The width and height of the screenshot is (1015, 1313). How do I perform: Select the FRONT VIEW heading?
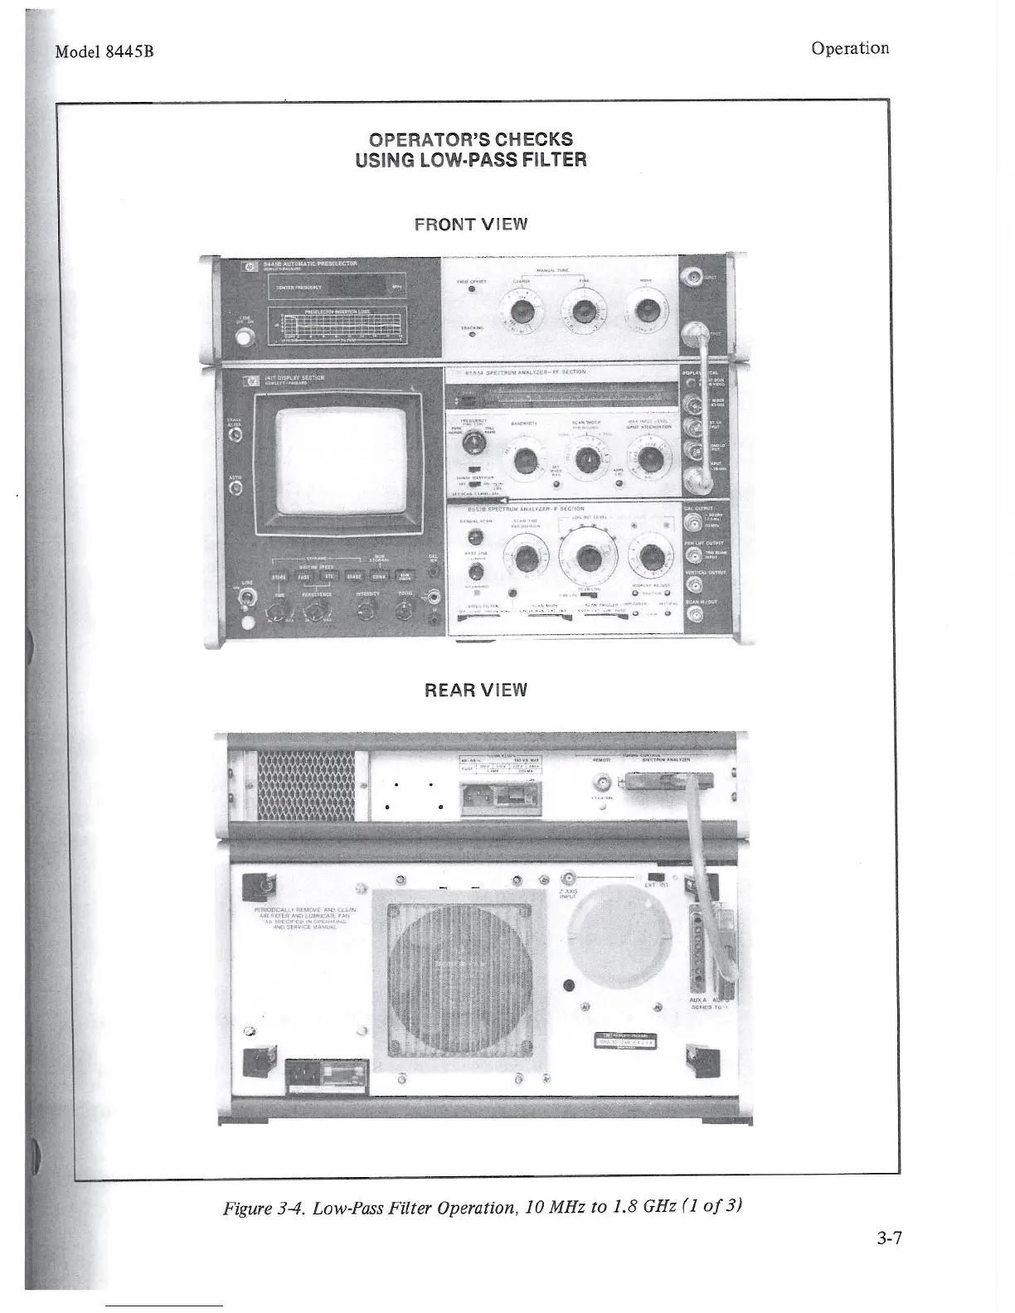(x=471, y=224)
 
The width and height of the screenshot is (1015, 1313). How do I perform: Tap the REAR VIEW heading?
(x=475, y=690)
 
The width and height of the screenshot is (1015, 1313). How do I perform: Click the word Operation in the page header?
(x=850, y=48)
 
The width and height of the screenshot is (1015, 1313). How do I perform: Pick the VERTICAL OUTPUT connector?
(x=695, y=584)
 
